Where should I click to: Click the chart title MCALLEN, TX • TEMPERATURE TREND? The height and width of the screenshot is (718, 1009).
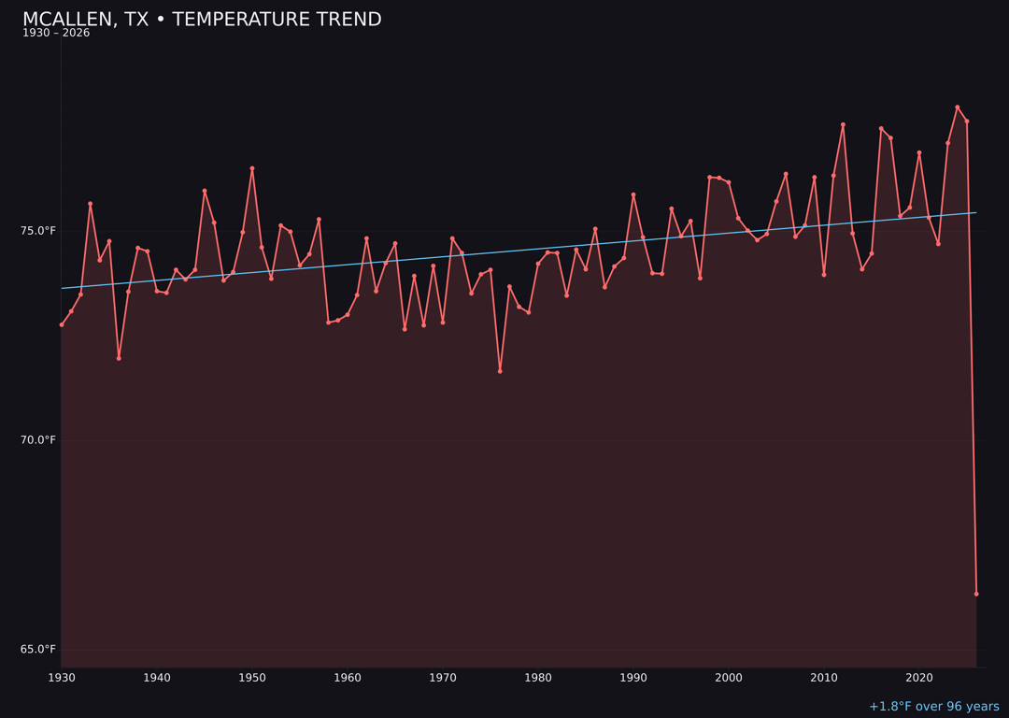tap(202, 20)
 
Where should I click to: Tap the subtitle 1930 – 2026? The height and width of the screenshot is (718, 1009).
tap(56, 34)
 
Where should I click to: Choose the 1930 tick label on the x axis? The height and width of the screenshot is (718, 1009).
tap(62, 678)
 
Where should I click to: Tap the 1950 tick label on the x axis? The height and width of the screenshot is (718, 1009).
tap(252, 678)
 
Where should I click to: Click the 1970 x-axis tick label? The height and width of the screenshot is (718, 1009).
tap(443, 678)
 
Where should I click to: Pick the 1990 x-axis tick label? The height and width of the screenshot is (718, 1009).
tap(633, 678)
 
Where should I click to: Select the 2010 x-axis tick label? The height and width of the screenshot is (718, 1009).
tap(824, 678)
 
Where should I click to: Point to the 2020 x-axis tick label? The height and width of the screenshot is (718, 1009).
tap(919, 678)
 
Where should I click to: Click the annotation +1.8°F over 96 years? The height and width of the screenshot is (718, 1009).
tap(933, 707)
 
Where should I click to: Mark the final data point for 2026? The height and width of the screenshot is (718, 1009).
tap(976, 594)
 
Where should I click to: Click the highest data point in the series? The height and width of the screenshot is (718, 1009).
tap(958, 108)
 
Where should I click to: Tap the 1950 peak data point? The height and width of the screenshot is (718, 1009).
tap(252, 168)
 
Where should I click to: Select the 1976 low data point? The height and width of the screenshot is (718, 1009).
tap(500, 371)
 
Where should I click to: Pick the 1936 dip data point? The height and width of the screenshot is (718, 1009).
tap(119, 358)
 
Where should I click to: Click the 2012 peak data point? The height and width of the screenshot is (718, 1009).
tap(843, 124)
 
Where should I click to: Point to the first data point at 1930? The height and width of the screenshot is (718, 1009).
tap(62, 324)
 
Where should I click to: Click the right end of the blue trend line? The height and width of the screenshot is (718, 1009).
tap(976, 212)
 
